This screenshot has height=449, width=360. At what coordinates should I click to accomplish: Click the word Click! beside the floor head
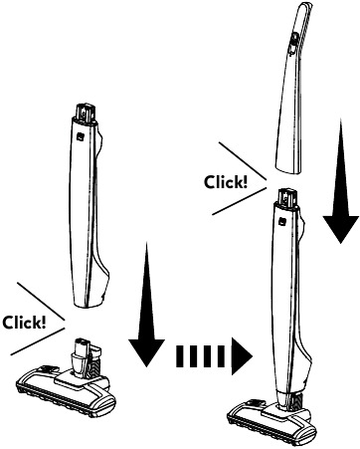point(24,324)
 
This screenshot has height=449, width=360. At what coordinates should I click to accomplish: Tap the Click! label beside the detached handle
point(226,182)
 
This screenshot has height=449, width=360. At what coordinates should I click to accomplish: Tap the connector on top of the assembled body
point(288,197)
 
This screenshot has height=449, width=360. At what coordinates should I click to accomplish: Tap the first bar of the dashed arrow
point(181,354)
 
